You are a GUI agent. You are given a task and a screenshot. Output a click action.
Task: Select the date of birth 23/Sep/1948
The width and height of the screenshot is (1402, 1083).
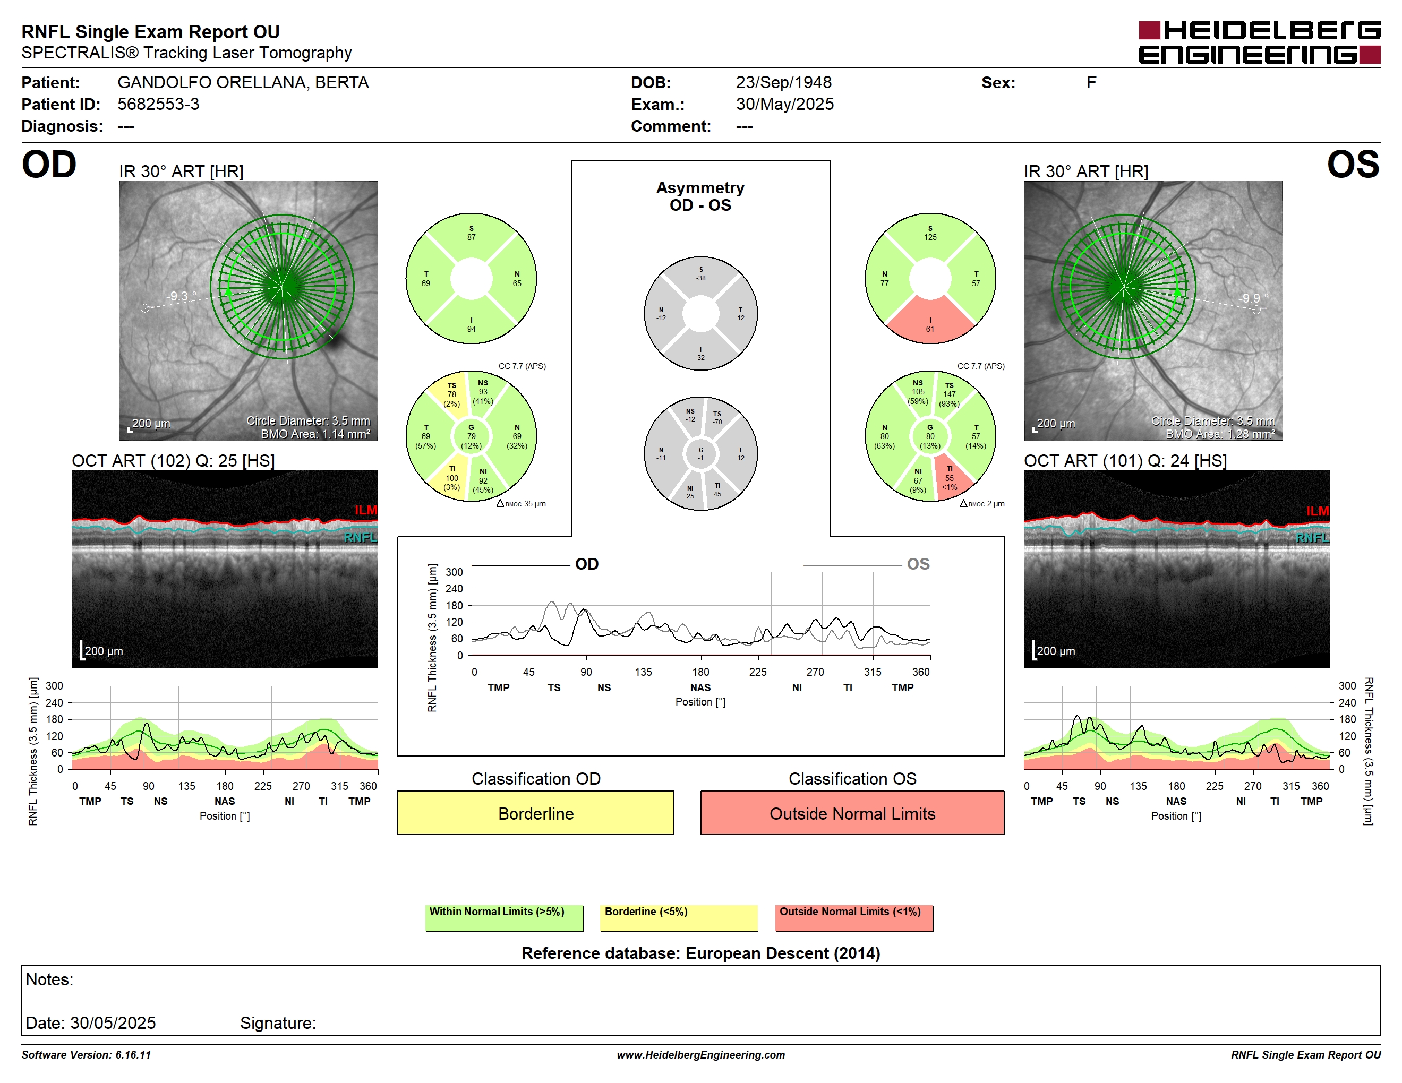pyautogui.click(x=783, y=82)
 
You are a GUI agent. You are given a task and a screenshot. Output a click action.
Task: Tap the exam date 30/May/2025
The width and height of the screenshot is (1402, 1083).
pyautogui.click(x=784, y=104)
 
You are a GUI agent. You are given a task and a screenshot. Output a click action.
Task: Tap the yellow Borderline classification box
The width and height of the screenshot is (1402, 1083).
pyautogui.click(x=535, y=813)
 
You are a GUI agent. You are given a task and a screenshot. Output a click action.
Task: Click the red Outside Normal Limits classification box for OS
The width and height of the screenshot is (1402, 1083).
pyautogui.click(x=852, y=813)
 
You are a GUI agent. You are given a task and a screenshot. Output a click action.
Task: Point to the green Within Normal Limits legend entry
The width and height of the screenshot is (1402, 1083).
pyautogui.click(x=504, y=917)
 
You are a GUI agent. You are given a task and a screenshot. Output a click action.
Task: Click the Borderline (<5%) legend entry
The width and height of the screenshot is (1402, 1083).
pyautogui.click(x=679, y=917)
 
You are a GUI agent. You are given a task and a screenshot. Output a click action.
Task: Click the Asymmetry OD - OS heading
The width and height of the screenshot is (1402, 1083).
pyautogui.click(x=700, y=196)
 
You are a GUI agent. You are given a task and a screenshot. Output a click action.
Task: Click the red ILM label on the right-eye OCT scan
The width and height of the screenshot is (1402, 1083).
pyautogui.click(x=366, y=510)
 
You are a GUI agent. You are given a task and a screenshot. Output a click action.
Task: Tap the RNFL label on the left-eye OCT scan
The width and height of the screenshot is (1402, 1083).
pyautogui.click(x=1312, y=538)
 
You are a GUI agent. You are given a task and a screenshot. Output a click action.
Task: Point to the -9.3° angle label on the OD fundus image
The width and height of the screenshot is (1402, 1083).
pyautogui.click(x=182, y=296)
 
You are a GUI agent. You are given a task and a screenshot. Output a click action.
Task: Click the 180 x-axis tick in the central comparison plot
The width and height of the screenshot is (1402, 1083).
pyautogui.click(x=700, y=672)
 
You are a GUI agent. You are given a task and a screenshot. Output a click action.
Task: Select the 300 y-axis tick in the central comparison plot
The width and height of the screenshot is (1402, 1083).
pyautogui.click(x=454, y=572)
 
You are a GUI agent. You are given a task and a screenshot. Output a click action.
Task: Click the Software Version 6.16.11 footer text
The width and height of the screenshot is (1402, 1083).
pyautogui.click(x=86, y=1055)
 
